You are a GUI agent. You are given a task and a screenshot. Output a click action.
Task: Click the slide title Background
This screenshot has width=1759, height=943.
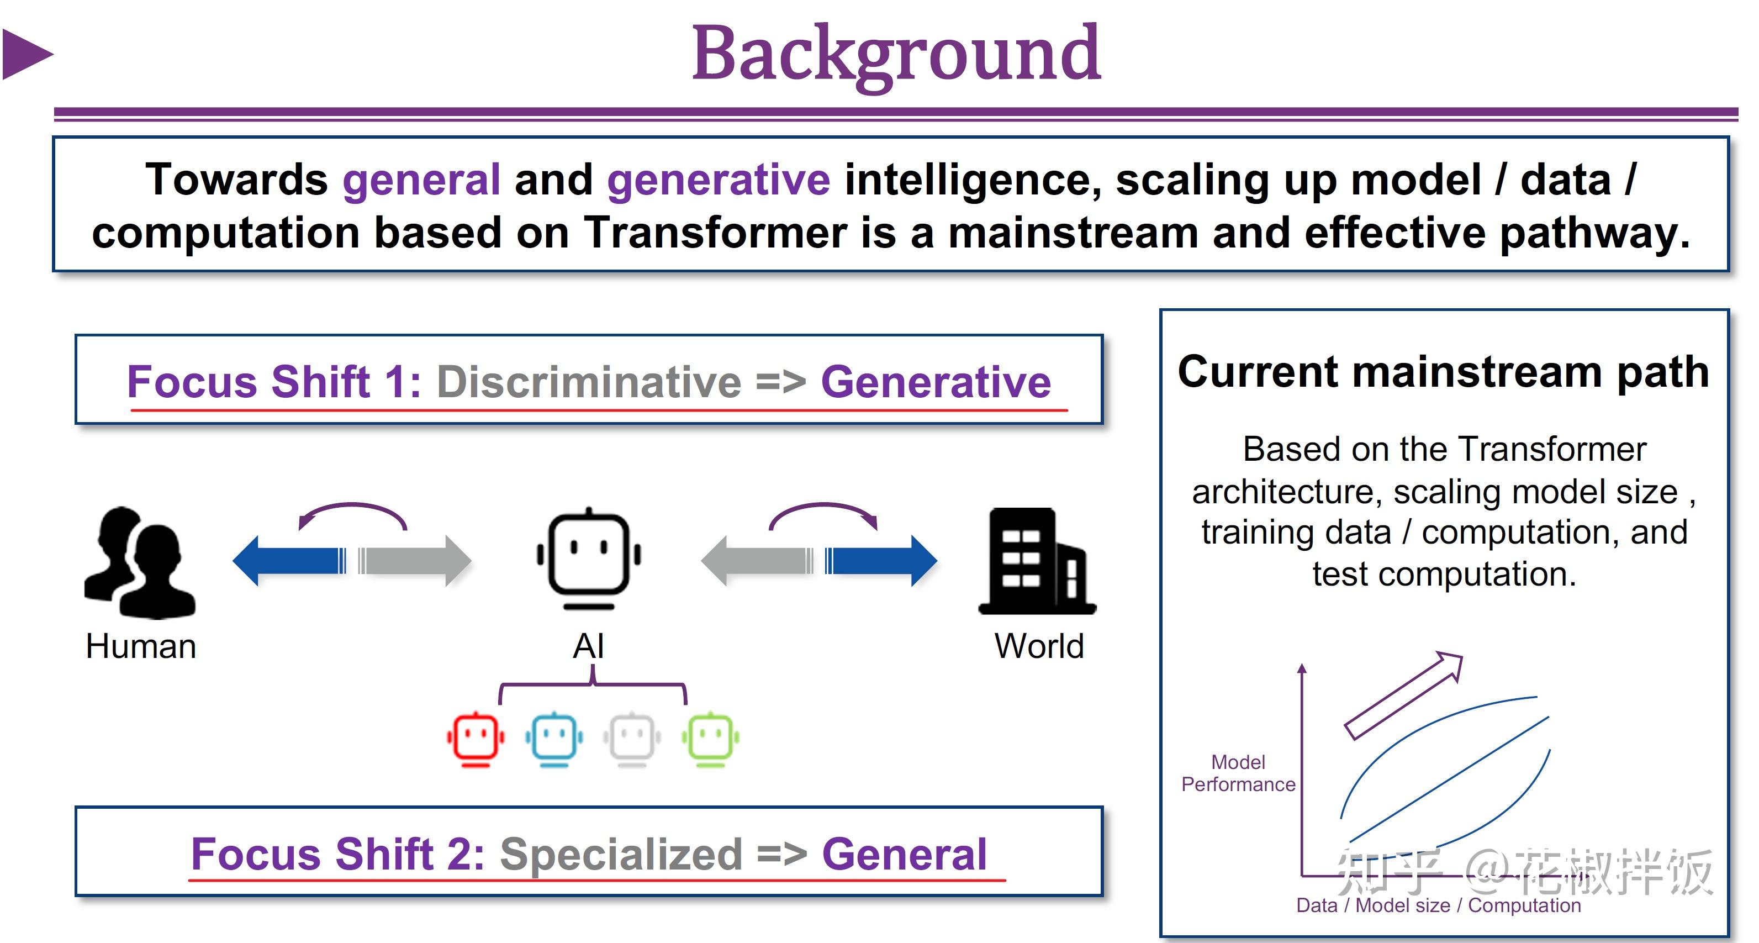point(896,53)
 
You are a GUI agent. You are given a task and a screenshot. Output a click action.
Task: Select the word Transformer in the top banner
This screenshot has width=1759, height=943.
point(715,232)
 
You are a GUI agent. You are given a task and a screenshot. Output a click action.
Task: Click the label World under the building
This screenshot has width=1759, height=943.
point(1039,646)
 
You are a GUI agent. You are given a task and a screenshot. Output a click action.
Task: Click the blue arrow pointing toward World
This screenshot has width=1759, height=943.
point(881,561)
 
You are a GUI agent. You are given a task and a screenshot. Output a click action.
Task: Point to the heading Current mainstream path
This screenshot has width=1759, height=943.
point(1443,372)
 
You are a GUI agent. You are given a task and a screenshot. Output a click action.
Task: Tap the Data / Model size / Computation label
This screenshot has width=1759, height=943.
point(1438,905)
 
